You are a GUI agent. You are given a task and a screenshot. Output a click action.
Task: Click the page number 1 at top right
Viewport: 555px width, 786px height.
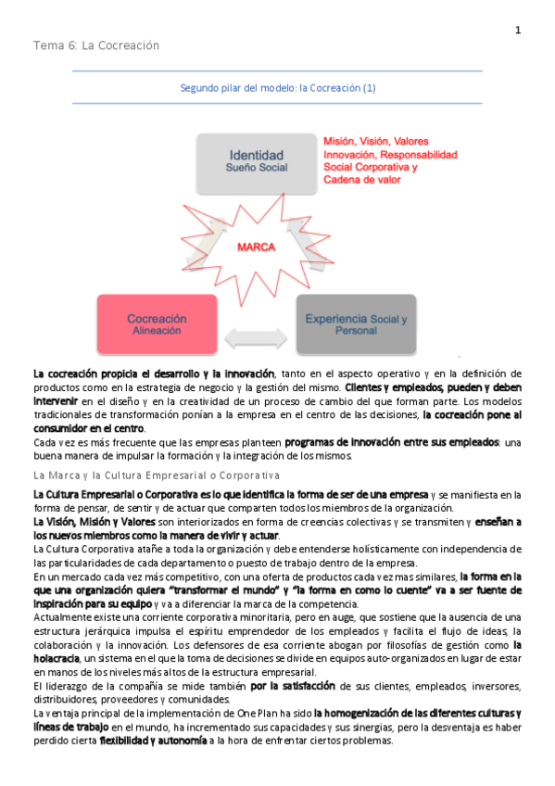click(518, 31)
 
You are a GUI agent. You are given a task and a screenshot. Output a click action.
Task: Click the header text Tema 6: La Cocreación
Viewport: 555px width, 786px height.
click(96, 45)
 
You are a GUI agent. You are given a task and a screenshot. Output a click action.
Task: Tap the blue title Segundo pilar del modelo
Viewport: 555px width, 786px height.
click(277, 88)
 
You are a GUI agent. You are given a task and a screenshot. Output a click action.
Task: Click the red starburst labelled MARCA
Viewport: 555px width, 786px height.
click(257, 247)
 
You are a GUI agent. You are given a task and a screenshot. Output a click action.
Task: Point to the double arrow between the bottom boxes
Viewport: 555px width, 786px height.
click(256, 336)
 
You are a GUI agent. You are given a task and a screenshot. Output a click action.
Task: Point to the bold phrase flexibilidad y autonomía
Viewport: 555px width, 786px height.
click(152, 741)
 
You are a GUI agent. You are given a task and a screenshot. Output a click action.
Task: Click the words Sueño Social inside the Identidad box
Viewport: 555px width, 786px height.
click(257, 168)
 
